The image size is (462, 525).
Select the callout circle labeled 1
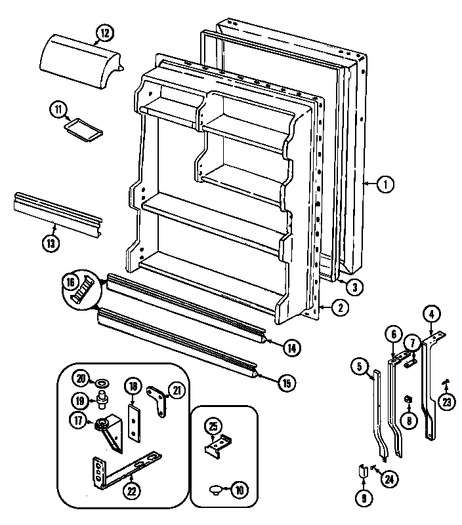(x=386, y=185)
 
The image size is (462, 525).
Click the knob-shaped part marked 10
(x=217, y=488)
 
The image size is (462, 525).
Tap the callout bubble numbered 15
(x=287, y=383)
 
